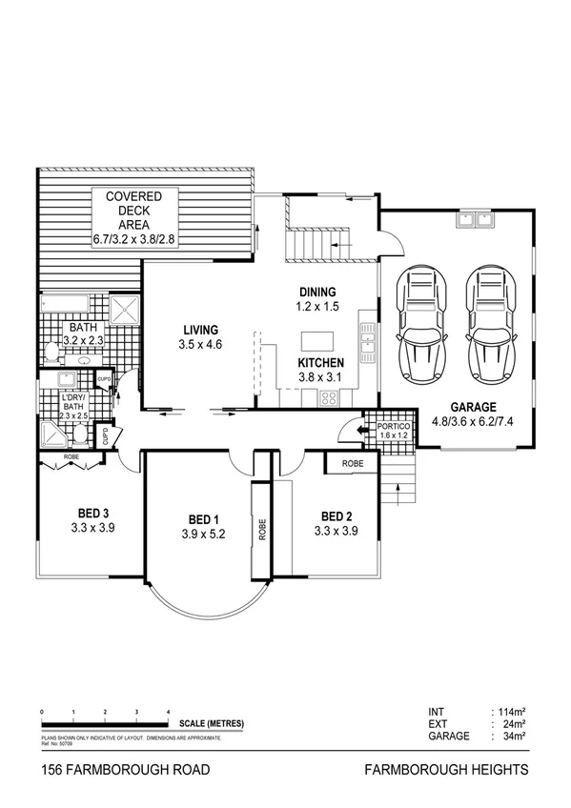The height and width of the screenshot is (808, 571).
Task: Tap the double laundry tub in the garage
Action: [x=473, y=221]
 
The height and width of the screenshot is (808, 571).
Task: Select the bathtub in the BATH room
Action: [x=65, y=306]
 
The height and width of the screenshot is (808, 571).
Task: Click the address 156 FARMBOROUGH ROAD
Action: [x=119, y=770]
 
